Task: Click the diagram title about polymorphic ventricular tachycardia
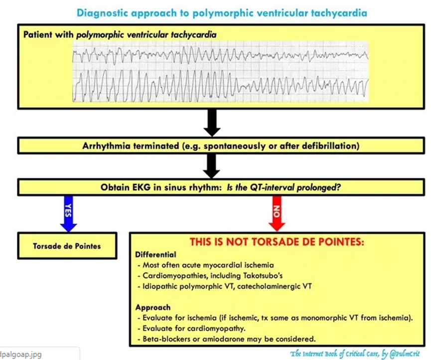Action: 222,12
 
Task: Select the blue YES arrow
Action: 68,213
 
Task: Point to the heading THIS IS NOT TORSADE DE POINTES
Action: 277,242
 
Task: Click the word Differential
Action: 156,254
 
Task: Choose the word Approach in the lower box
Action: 153,307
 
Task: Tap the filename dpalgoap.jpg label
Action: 22,354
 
